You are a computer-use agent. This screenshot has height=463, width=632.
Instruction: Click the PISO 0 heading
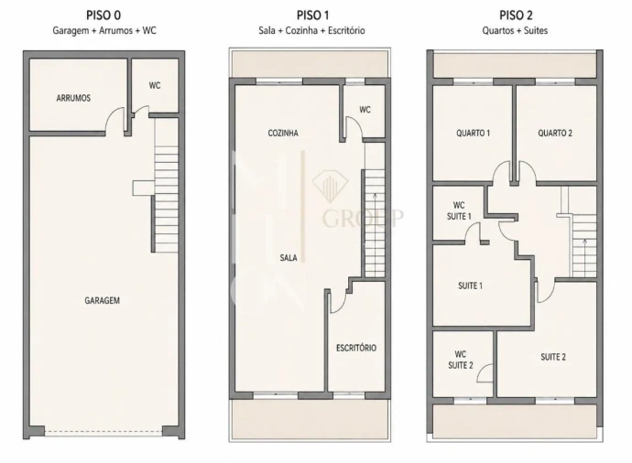104,16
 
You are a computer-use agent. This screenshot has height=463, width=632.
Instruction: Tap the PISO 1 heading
312,16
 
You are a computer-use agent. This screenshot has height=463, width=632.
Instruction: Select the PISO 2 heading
516,16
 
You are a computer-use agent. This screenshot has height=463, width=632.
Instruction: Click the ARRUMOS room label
73,98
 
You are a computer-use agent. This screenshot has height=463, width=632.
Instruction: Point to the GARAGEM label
102,300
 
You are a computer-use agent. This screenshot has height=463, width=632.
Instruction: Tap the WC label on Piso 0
155,85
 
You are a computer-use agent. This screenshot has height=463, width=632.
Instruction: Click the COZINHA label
283,133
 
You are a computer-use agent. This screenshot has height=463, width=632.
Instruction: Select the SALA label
289,258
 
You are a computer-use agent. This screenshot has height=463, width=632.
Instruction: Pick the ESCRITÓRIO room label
356,348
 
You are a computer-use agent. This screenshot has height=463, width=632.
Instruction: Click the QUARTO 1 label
474,133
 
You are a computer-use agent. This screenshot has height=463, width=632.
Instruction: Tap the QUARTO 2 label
555,133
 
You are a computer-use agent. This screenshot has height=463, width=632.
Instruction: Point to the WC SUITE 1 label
459,210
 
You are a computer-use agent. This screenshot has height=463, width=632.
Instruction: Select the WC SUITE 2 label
461,360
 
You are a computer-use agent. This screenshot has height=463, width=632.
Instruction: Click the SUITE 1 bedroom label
471,285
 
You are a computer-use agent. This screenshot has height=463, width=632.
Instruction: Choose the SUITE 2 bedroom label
553,357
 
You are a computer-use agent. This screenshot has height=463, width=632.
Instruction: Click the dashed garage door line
104,433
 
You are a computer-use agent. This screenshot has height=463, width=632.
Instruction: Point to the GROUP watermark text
363,218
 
